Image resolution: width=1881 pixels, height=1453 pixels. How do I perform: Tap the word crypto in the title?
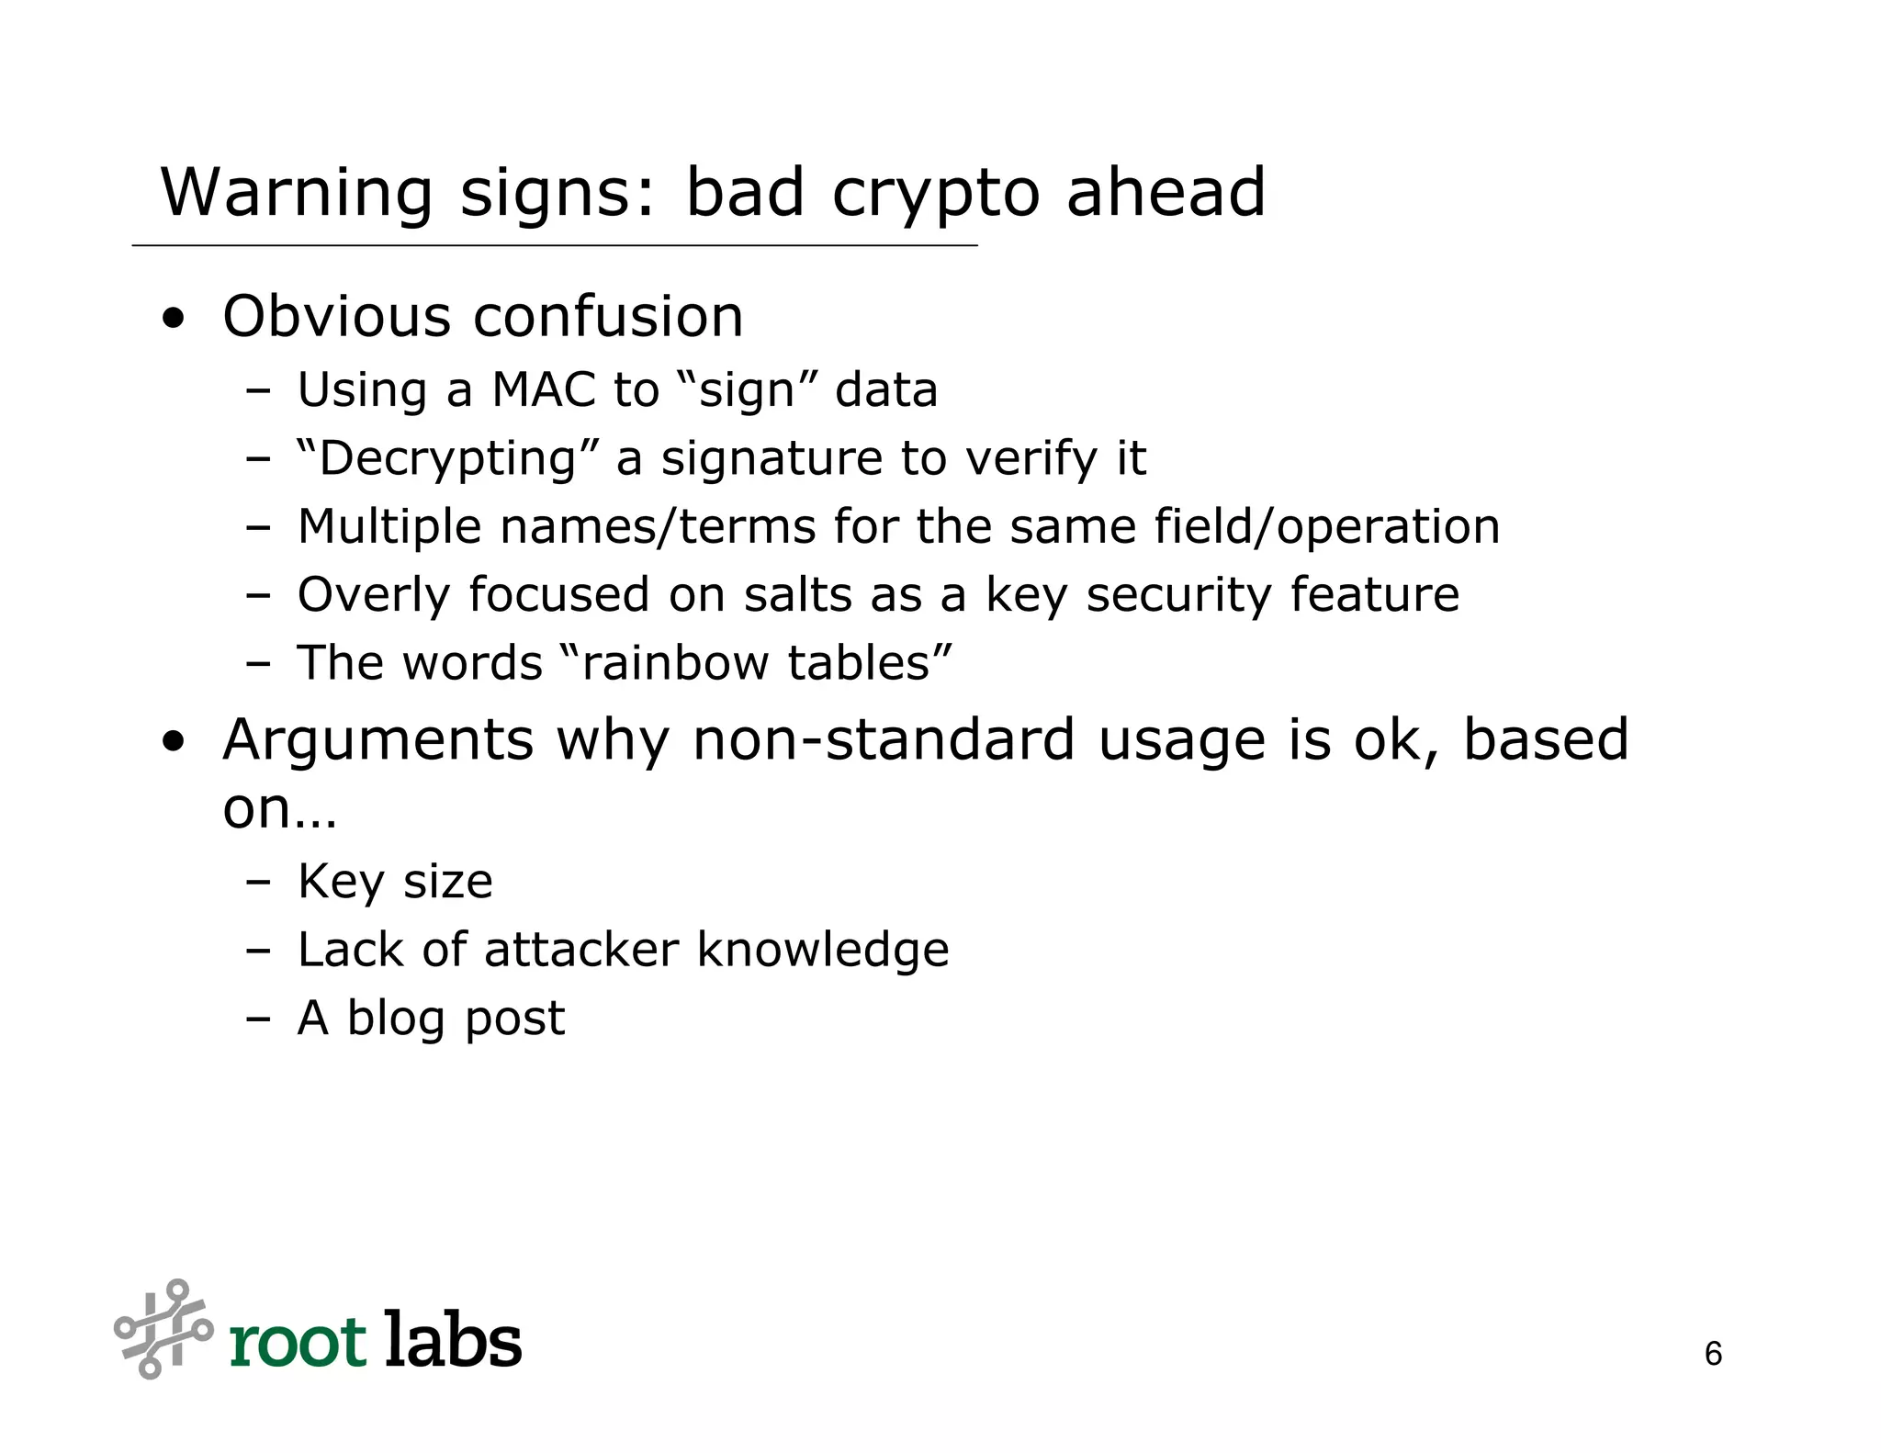[x=935, y=195]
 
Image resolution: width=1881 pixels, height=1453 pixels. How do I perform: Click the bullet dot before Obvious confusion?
[x=172, y=320]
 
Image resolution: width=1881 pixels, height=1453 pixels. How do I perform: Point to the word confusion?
[x=607, y=317]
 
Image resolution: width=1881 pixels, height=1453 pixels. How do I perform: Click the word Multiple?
[x=389, y=527]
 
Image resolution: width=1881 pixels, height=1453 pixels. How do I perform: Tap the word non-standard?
[x=883, y=739]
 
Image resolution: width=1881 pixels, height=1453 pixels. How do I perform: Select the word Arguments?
[x=377, y=741]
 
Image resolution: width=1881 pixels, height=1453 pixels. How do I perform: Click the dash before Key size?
[x=258, y=881]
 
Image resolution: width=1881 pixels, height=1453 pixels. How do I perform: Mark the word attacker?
[x=580, y=949]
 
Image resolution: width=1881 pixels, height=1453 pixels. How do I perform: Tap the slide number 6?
[x=1713, y=1354]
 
